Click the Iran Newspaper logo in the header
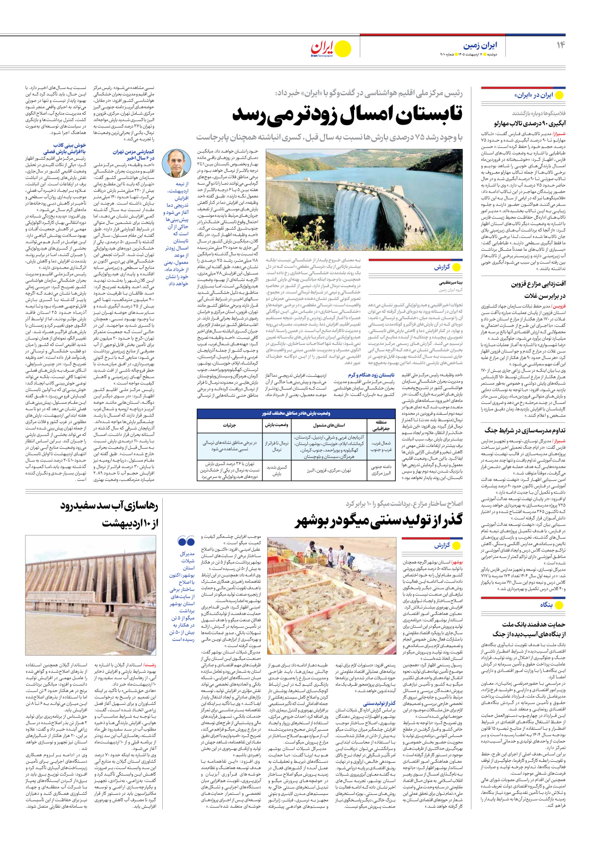pyautogui.click(x=330, y=49)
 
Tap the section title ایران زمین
pyautogui.click(x=480, y=45)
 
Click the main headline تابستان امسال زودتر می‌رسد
pyautogui.click(x=347, y=114)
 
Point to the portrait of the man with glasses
pyautogui.click(x=176, y=163)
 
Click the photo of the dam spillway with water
pyautogui.click(x=364, y=200)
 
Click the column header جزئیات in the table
pyautogui.click(x=229, y=425)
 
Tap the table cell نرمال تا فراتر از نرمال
pyautogui.click(x=277, y=446)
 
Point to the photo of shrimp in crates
pyautogui.click(x=331, y=595)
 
